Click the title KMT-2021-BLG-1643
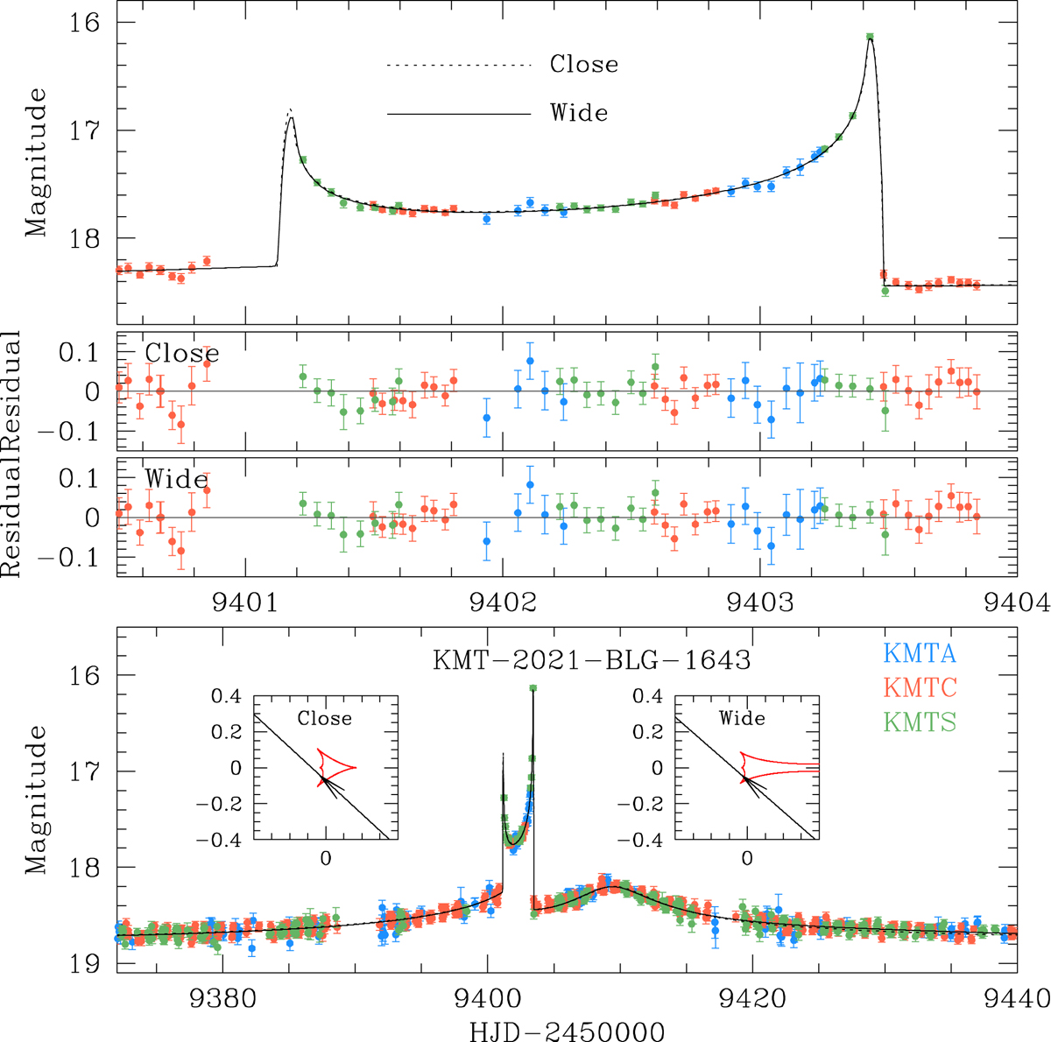tap(592, 659)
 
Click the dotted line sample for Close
tap(459, 66)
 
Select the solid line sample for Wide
tap(459, 114)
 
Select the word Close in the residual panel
tap(182, 353)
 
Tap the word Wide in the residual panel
tap(176, 480)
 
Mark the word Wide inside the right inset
tap(743, 718)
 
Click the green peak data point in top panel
tap(870, 37)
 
